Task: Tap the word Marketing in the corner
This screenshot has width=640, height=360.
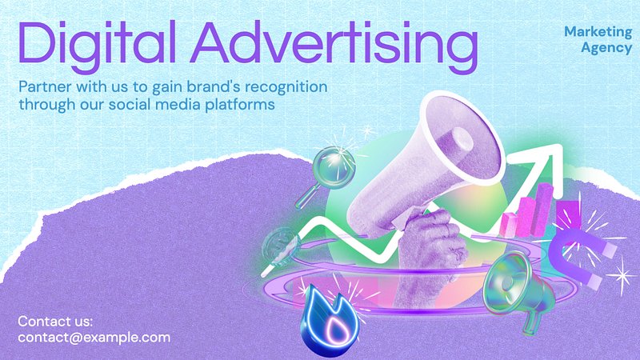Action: (598, 31)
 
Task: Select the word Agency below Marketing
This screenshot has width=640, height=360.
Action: (606, 48)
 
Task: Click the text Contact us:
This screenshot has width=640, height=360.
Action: (55, 322)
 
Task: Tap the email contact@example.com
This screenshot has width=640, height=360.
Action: (94, 338)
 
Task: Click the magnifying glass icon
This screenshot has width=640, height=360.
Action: (326, 174)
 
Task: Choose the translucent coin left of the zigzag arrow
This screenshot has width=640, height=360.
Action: (282, 247)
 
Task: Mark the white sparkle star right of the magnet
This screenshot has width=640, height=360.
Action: (622, 276)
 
